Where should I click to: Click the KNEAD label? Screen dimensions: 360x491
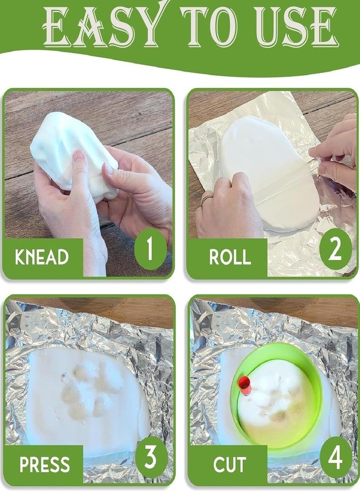pyautogui.click(x=41, y=257)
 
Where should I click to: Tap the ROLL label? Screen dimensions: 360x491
pyautogui.click(x=230, y=257)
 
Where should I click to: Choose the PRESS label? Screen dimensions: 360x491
pyautogui.click(x=44, y=464)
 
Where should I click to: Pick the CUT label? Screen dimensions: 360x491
pyautogui.click(x=230, y=464)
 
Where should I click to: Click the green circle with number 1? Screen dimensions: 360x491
pyautogui.click(x=151, y=249)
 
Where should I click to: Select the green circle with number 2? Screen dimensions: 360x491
pyautogui.click(x=335, y=249)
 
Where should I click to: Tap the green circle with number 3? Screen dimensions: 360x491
pyautogui.click(x=151, y=457)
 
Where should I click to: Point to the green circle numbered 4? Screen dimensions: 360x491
pyautogui.click(x=335, y=457)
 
